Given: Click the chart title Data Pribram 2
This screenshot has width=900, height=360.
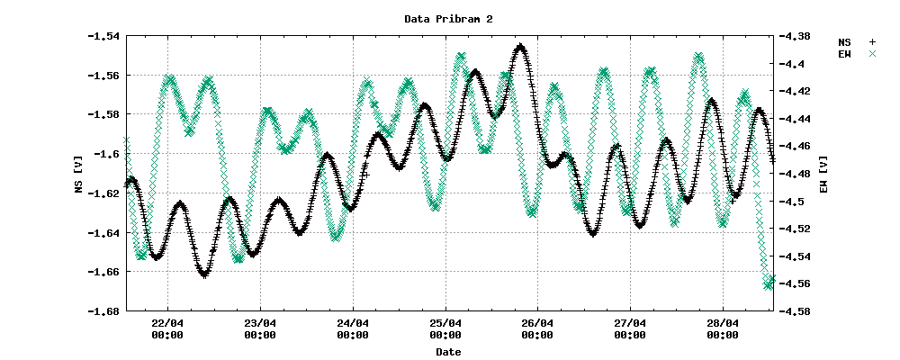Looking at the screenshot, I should [x=447, y=18].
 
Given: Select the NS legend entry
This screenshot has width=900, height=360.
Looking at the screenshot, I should [x=844, y=41].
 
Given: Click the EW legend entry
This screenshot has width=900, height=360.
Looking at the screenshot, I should [x=844, y=55].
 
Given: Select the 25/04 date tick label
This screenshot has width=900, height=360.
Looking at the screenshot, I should [x=445, y=328].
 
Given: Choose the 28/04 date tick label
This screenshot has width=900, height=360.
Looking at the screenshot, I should [x=723, y=328].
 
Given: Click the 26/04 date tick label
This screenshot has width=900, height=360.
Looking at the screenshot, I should [x=537, y=328].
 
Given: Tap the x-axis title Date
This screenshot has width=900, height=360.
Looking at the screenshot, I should [x=447, y=352].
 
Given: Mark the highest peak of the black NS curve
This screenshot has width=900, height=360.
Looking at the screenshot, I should [x=521, y=46].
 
